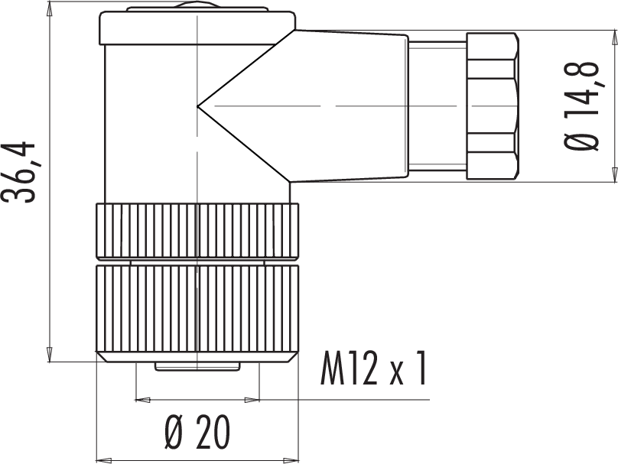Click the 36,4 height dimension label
(18, 172)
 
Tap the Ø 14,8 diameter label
(581, 106)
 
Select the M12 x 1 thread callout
(374, 368)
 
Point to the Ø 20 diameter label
(197, 432)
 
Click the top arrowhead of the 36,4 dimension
(50, 9)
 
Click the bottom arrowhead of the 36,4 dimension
(50, 354)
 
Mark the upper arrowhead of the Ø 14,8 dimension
(614, 37)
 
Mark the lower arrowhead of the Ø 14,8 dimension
(614, 174)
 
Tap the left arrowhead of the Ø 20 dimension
(104, 460)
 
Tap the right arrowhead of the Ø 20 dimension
(291, 460)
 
